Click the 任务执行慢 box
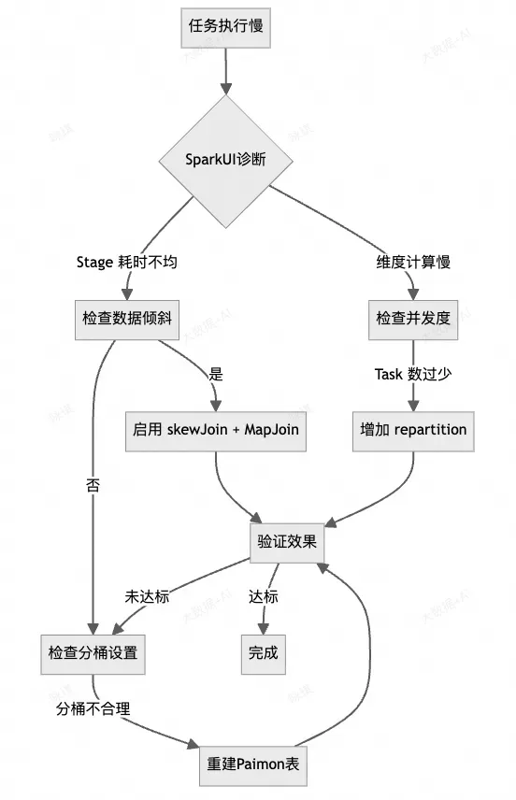[225, 26]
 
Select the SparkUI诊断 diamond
[225, 160]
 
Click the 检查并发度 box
[413, 318]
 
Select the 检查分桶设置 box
[93, 652]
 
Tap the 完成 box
[264, 652]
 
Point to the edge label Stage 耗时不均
[126, 263]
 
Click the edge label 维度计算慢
[413, 263]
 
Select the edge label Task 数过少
[413, 374]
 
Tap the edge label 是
[217, 374]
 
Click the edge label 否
[93, 485]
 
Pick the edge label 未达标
[147, 596]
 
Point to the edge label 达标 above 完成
[264, 596]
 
